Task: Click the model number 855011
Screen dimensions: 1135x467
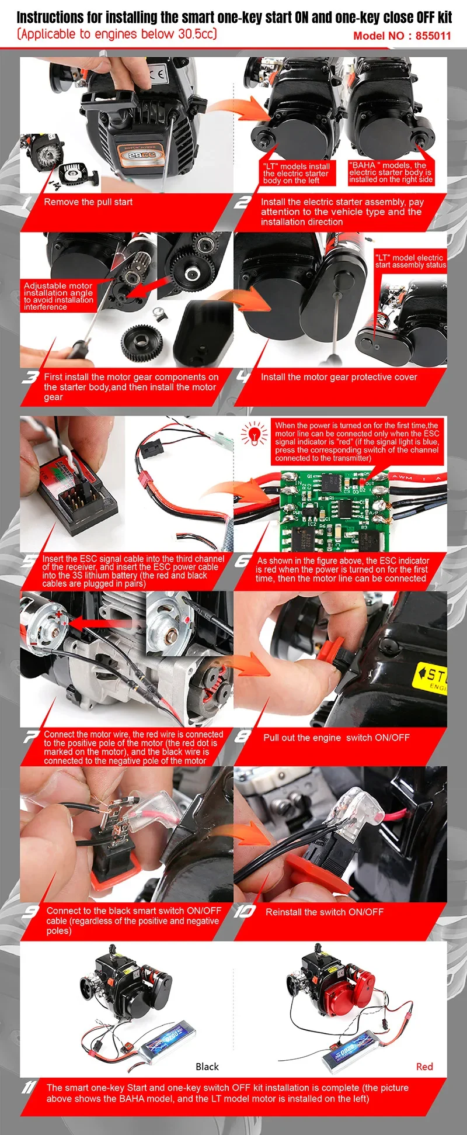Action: tap(433, 36)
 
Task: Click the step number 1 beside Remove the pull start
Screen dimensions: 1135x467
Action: tap(27, 203)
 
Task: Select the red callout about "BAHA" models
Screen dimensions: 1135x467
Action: tap(391, 172)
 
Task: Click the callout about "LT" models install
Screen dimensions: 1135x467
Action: tap(297, 174)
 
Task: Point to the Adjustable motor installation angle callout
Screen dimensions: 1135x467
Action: tap(58, 296)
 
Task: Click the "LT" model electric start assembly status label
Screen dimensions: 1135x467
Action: tap(410, 261)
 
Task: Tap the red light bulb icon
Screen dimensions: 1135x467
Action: tap(254, 434)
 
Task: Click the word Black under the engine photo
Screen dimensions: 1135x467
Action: tap(207, 1067)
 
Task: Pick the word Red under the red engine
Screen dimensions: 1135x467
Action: tap(424, 1067)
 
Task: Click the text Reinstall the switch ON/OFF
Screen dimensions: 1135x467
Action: tap(324, 912)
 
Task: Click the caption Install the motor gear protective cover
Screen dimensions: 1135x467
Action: tap(339, 377)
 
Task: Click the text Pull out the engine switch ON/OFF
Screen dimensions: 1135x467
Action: tap(336, 738)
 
